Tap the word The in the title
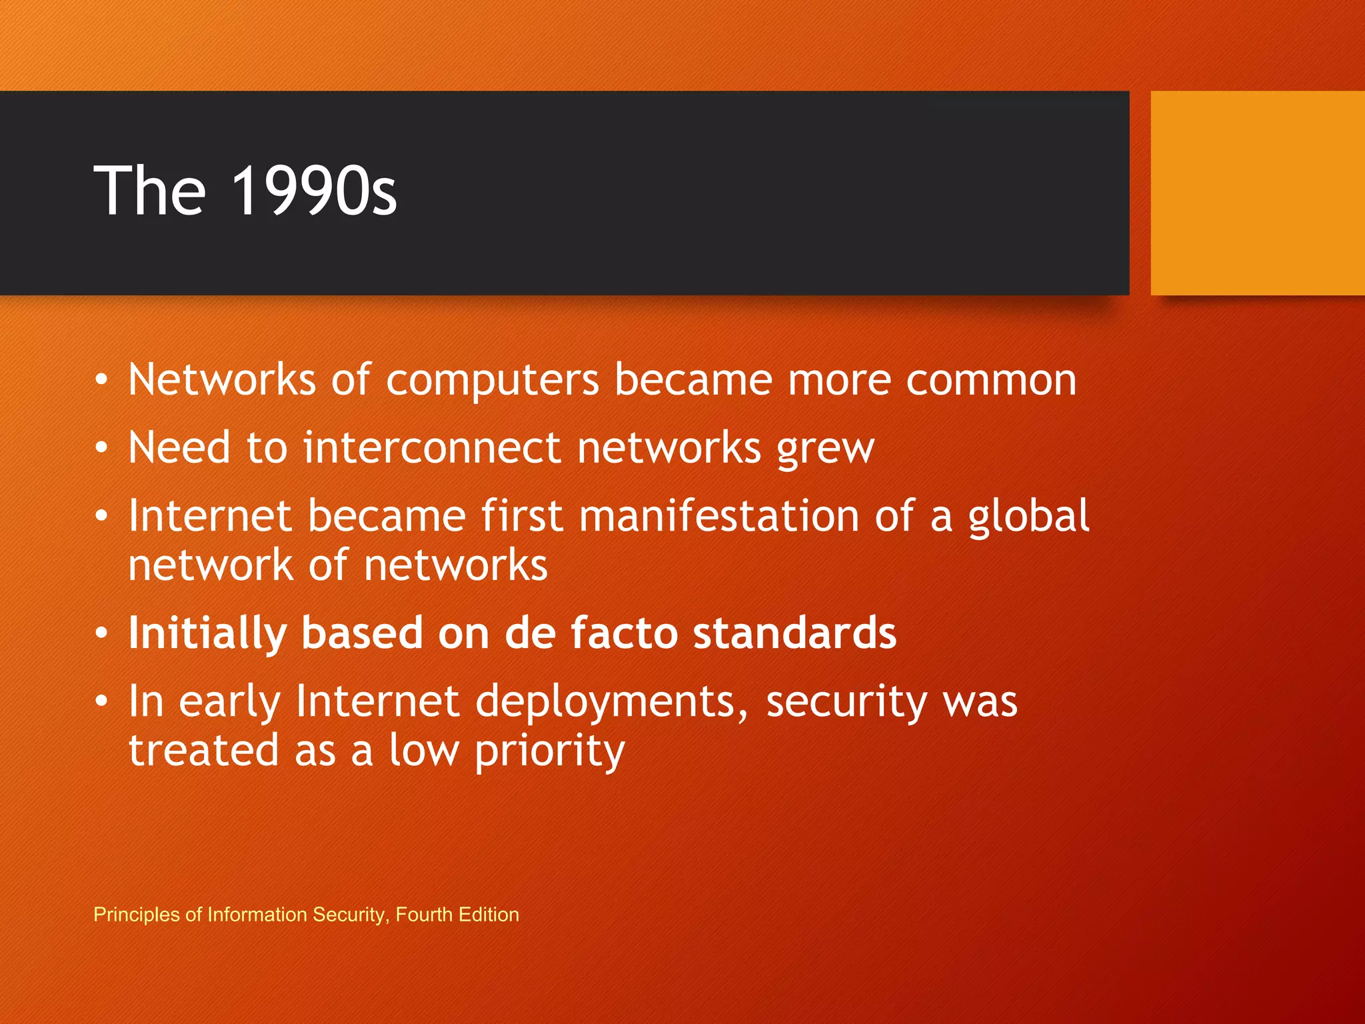tap(150, 191)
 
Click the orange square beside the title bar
tap(1257, 193)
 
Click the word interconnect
tap(432, 447)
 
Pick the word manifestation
tap(719, 516)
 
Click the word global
tap(1028, 517)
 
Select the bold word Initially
tap(207, 633)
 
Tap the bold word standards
tap(794, 633)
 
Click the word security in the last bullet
tap(846, 703)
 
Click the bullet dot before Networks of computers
tap(101, 380)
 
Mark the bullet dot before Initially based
tap(101, 633)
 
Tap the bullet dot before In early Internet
tap(101, 701)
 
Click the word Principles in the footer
tap(137, 915)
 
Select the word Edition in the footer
tap(489, 915)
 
